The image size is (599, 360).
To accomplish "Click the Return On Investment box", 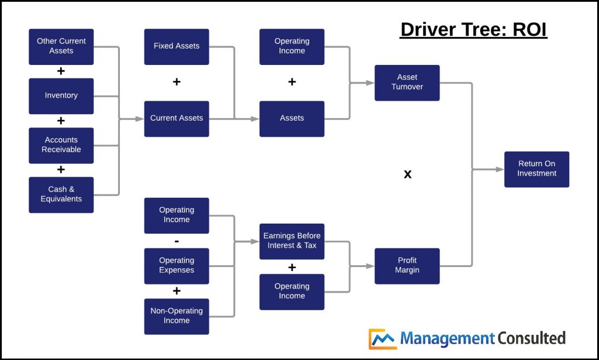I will click(536, 169).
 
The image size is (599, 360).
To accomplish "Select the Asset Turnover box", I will click(407, 83).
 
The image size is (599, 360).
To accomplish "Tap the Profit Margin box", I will click(407, 266).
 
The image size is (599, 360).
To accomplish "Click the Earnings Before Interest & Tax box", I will click(292, 241).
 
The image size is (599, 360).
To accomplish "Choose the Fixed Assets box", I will click(177, 47).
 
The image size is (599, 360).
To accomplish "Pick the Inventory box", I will click(61, 96).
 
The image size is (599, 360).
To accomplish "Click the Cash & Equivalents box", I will click(61, 194).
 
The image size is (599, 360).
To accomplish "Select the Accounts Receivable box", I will click(61, 145).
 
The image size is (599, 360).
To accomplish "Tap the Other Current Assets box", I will click(61, 47).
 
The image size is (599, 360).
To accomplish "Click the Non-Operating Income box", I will click(177, 316).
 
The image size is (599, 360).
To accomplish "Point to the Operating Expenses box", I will click(177, 266).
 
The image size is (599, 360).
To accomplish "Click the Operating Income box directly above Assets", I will click(292, 47).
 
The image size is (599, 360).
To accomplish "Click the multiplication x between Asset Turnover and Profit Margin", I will click(408, 174).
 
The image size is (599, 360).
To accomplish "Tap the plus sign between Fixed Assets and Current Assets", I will click(177, 82).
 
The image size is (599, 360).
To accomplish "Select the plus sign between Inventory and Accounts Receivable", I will click(61, 121).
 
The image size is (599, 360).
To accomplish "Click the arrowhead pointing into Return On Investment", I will click(500, 170).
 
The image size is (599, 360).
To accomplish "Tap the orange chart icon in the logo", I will click(382, 339).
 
